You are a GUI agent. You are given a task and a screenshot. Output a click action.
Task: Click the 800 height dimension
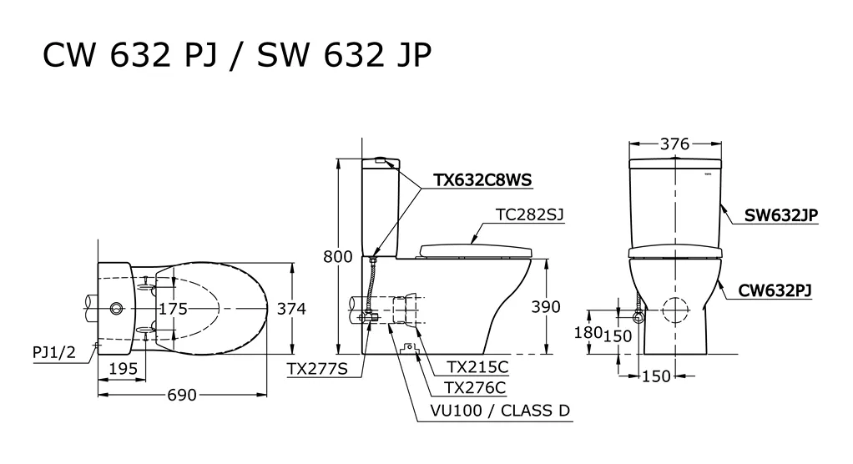pos(338,256)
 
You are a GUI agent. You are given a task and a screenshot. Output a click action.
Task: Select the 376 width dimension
pos(674,144)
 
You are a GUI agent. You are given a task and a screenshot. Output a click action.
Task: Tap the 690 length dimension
pos(182,395)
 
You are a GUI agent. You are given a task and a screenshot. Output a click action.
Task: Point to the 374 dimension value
pos(291,309)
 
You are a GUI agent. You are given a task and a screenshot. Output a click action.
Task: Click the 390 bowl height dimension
pos(546,307)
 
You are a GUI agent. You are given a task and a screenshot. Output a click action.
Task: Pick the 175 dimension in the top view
pos(173,309)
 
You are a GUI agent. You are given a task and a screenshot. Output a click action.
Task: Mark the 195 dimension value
pos(124,369)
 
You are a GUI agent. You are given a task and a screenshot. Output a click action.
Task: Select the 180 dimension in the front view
pos(588,332)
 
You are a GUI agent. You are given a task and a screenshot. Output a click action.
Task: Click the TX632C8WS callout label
pos(482,180)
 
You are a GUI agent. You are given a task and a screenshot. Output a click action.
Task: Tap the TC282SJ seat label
pos(530,214)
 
